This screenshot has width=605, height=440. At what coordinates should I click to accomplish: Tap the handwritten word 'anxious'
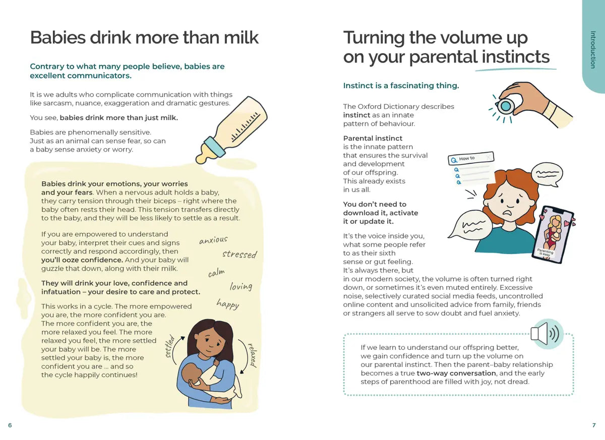pyautogui.click(x=213, y=240)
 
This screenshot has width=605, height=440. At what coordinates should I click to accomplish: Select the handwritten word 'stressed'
pyautogui.click(x=239, y=254)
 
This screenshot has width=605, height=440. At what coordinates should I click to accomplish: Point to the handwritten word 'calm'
pyautogui.click(x=216, y=273)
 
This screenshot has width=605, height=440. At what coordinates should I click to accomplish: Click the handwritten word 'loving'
pyautogui.click(x=241, y=287)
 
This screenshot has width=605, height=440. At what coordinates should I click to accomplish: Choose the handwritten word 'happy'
pyautogui.click(x=228, y=304)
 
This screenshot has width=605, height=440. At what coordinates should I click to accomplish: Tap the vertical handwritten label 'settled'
pyautogui.click(x=170, y=347)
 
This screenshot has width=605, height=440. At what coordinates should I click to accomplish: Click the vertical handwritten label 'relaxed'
pyautogui.click(x=252, y=355)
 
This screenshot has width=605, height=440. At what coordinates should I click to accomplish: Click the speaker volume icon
pyautogui.click(x=547, y=333)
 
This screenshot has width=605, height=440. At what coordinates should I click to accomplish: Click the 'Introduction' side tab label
pyautogui.click(x=593, y=49)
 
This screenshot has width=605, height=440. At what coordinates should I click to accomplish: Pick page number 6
pyautogui.click(x=10, y=425)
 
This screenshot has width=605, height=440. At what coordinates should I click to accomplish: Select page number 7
pyautogui.click(x=594, y=425)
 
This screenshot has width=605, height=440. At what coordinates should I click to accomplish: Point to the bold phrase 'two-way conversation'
pyautogui.click(x=449, y=373)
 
